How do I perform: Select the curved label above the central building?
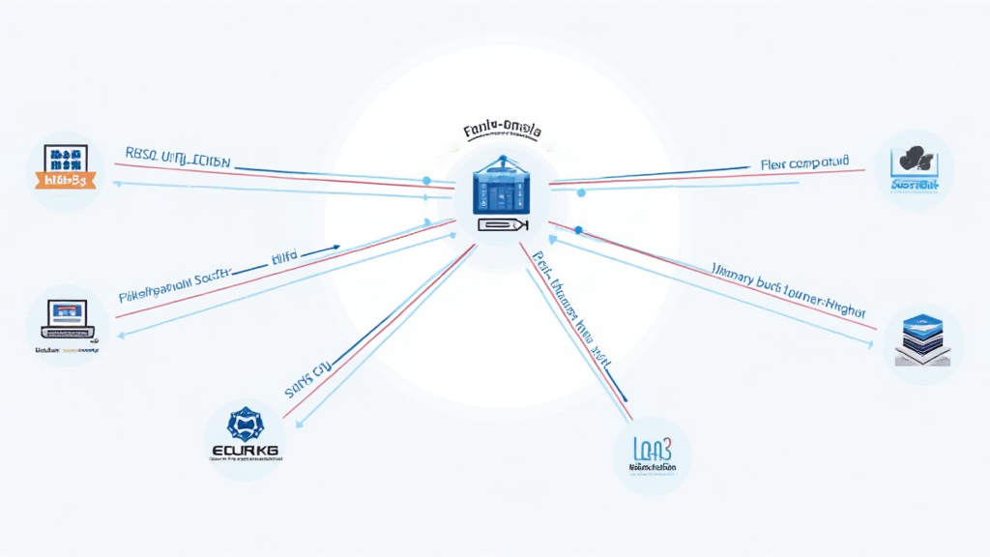pos(502,130)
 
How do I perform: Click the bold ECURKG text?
pos(244,451)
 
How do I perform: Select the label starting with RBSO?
pos(178,155)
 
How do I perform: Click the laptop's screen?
pos(64,311)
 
